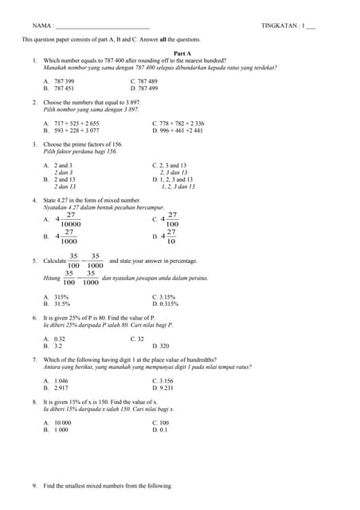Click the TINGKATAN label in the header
(x=280, y=26)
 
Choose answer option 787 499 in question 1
(x=147, y=88)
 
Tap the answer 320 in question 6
(x=163, y=346)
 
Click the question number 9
(x=35, y=485)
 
